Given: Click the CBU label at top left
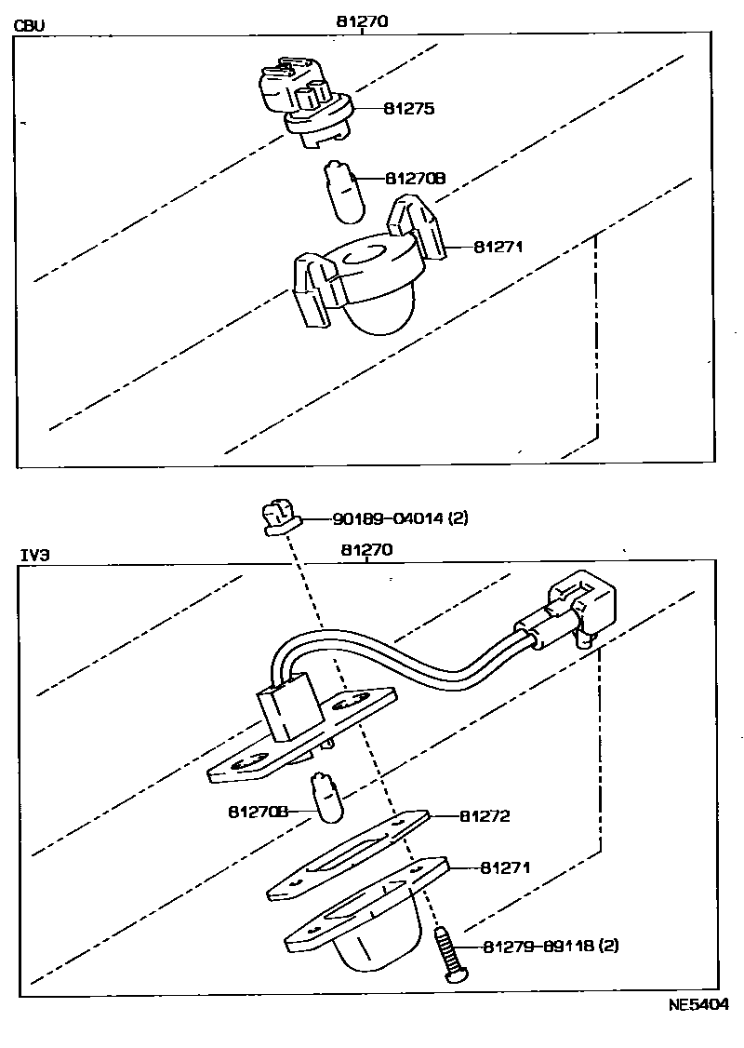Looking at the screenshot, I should [30, 25].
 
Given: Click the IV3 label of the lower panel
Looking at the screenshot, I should [34, 555].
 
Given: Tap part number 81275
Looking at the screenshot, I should [409, 109].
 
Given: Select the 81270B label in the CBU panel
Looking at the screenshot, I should [416, 178].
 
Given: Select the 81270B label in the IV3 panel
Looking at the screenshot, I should [258, 812].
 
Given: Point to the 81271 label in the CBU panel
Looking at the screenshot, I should [499, 247].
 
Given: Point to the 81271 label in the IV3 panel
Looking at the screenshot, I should [505, 867].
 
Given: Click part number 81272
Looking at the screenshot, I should [485, 816].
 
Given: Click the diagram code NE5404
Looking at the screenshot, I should [697, 1005].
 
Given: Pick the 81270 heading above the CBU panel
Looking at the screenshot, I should [360, 20].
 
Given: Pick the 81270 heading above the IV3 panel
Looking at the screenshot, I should [365, 550].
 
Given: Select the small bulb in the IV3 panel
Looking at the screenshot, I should [326, 799].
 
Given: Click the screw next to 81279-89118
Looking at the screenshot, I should [449, 950].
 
